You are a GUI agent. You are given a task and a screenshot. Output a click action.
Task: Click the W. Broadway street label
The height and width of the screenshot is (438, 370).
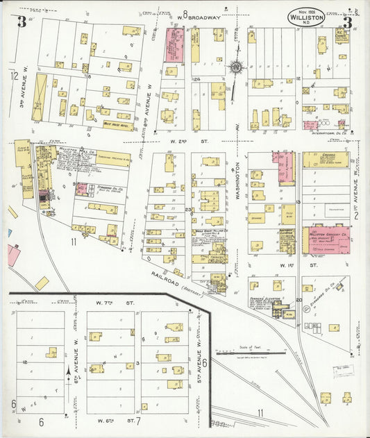(197, 16)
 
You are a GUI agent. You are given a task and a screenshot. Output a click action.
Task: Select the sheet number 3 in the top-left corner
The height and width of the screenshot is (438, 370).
(22, 22)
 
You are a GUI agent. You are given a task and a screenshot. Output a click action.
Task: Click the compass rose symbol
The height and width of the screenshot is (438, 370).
(236, 67)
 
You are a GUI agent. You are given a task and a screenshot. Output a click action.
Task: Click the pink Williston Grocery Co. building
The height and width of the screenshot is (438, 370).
(329, 239)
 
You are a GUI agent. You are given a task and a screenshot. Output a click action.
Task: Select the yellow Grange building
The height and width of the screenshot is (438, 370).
(324, 160)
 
